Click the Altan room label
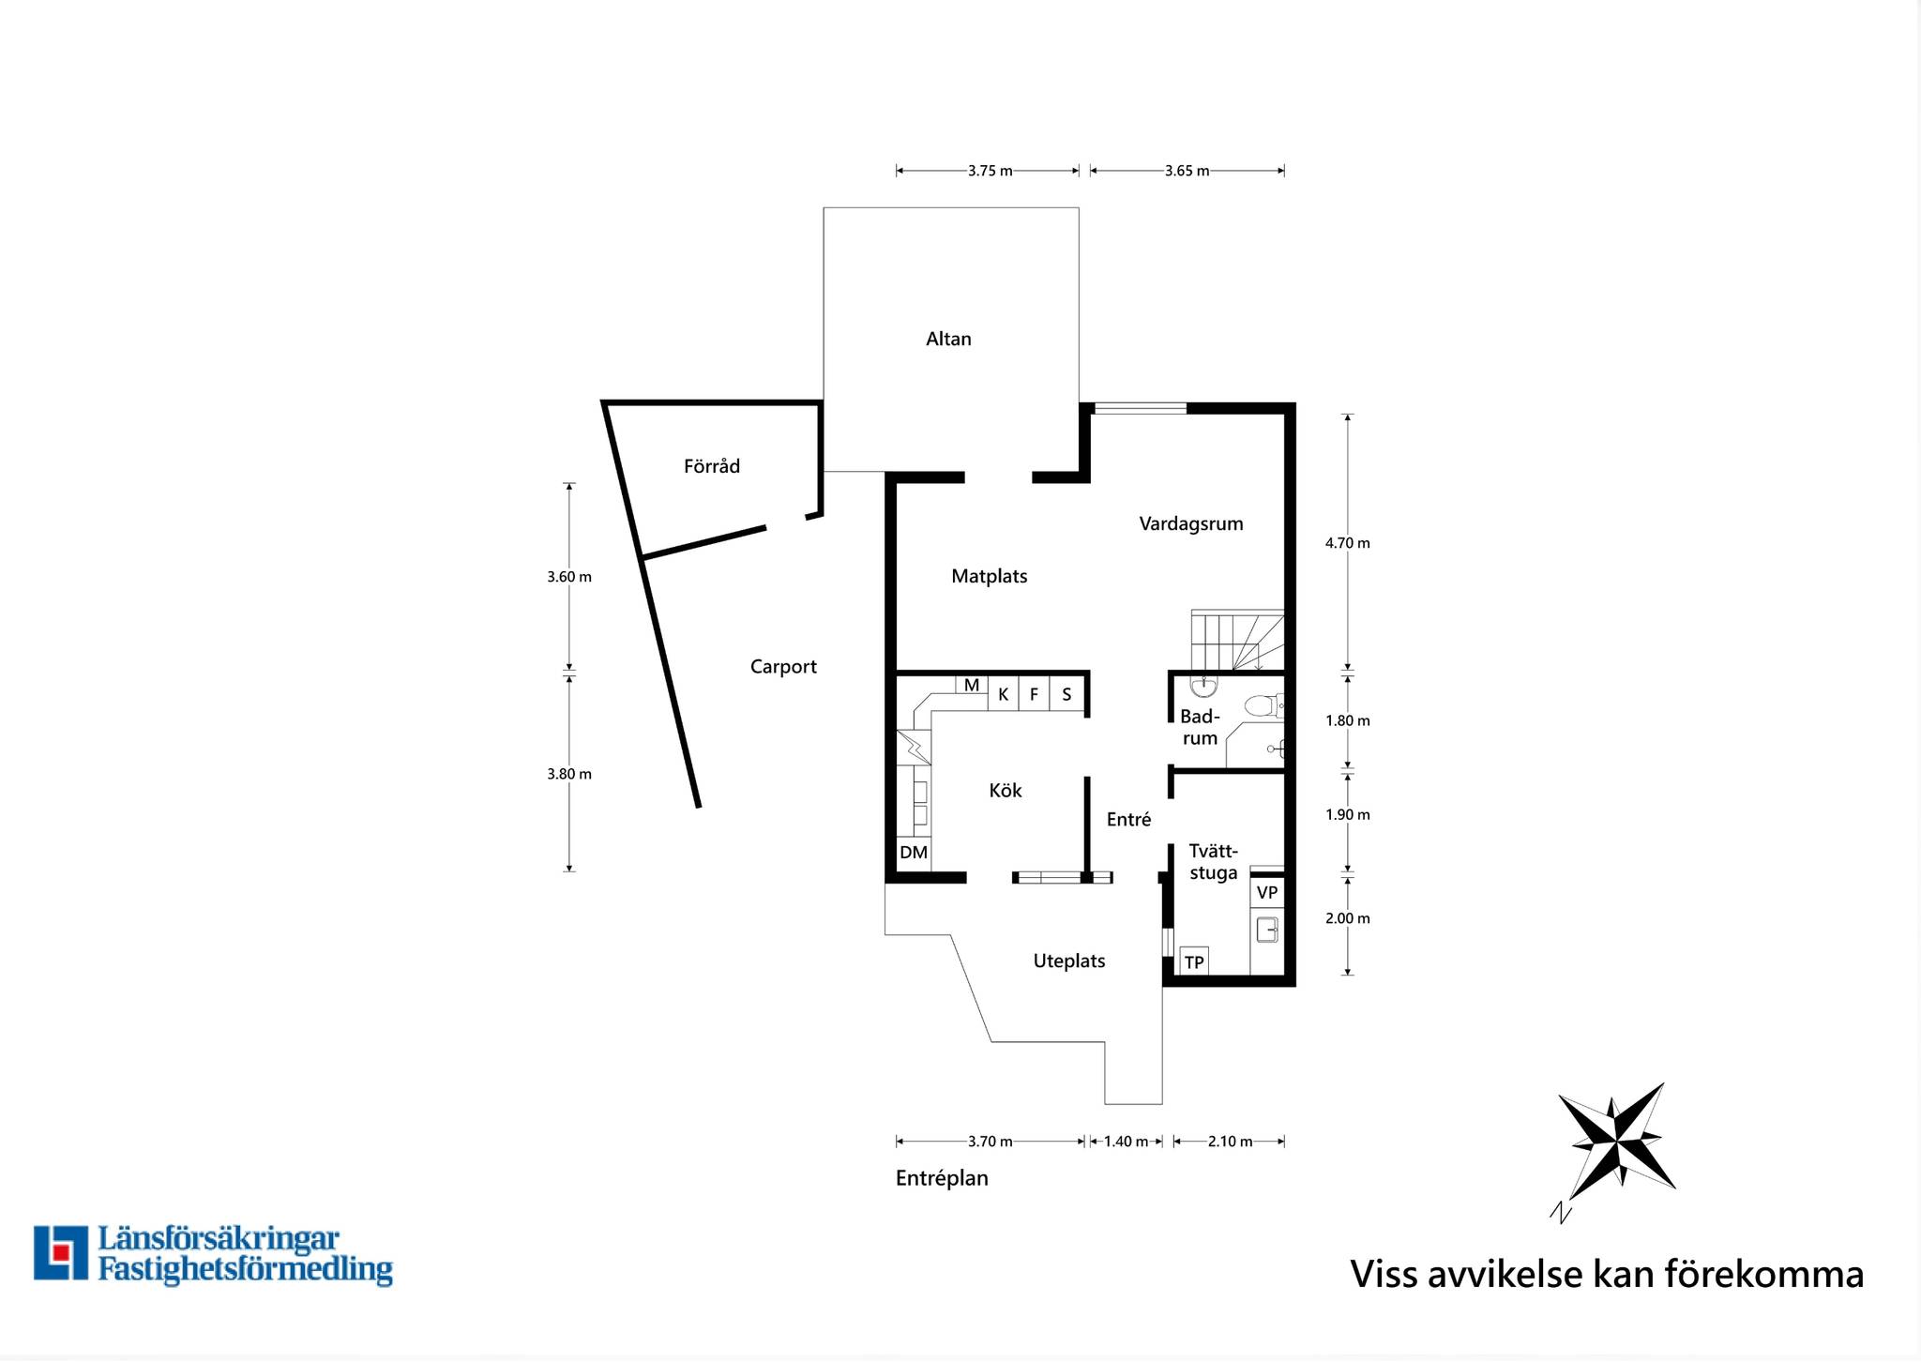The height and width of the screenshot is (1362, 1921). point(948,339)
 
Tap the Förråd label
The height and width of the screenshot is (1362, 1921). point(712,465)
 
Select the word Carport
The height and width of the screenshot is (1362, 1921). point(783,667)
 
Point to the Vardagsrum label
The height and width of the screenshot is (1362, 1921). point(1191,524)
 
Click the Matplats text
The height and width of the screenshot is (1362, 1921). point(990,576)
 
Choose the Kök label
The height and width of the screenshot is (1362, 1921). point(1006,790)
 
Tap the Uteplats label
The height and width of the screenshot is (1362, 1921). point(1069,961)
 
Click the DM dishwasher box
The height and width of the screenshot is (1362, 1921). point(914,853)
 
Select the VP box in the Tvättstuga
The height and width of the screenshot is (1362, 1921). point(1267,892)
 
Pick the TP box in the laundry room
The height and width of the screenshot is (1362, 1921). point(1194,961)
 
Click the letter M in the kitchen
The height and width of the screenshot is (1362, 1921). point(972,686)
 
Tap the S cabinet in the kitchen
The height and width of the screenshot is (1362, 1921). point(1067,694)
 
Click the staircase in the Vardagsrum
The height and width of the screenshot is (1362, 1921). point(1237,641)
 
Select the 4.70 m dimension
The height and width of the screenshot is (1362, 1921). point(1348,543)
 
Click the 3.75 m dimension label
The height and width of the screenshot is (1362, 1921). point(991,171)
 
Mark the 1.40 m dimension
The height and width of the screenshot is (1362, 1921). point(1126,1142)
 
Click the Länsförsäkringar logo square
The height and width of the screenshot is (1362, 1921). point(61,1252)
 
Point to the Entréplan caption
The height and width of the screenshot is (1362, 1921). point(942,1178)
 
